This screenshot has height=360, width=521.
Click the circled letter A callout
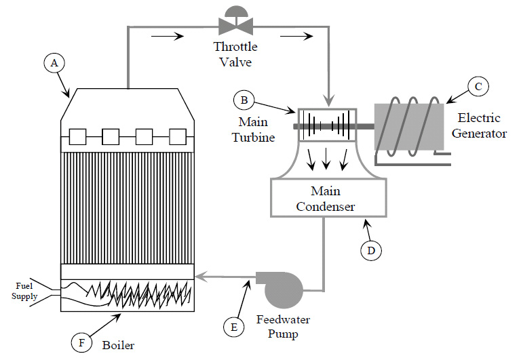(x=54, y=63)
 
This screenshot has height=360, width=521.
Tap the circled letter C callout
(x=478, y=87)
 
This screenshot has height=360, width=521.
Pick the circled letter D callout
(x=371, y=250)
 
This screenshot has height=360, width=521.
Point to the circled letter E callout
(x=233, y=327)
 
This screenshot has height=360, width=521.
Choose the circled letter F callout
(x=81, y=342)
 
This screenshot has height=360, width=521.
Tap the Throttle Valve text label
(x=236, y=54)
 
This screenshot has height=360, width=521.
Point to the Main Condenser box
(x=329, y=198)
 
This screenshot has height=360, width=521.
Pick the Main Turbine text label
(x=257, y=129)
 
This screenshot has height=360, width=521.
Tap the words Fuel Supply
(x=24, y=292)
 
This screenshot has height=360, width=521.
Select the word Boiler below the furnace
(x=117, y=345)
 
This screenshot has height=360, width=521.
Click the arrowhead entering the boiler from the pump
(x=199, y=277)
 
